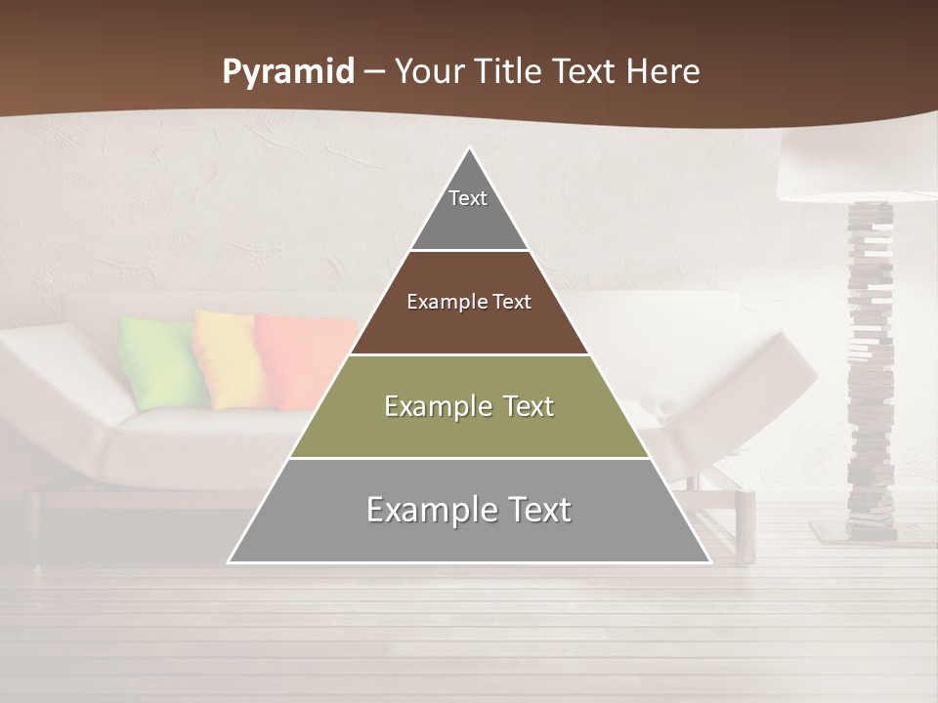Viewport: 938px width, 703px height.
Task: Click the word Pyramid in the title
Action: pos(288,72)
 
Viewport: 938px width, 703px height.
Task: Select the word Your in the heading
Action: pos(427,72)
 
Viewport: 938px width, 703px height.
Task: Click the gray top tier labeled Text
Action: pos(469,210)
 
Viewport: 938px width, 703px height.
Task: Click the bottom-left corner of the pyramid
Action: pos(230,561)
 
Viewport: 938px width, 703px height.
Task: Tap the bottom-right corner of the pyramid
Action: pos(708,561)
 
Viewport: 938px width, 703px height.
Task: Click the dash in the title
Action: pos(374,72)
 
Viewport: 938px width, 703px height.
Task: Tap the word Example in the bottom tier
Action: pos(427,510)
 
